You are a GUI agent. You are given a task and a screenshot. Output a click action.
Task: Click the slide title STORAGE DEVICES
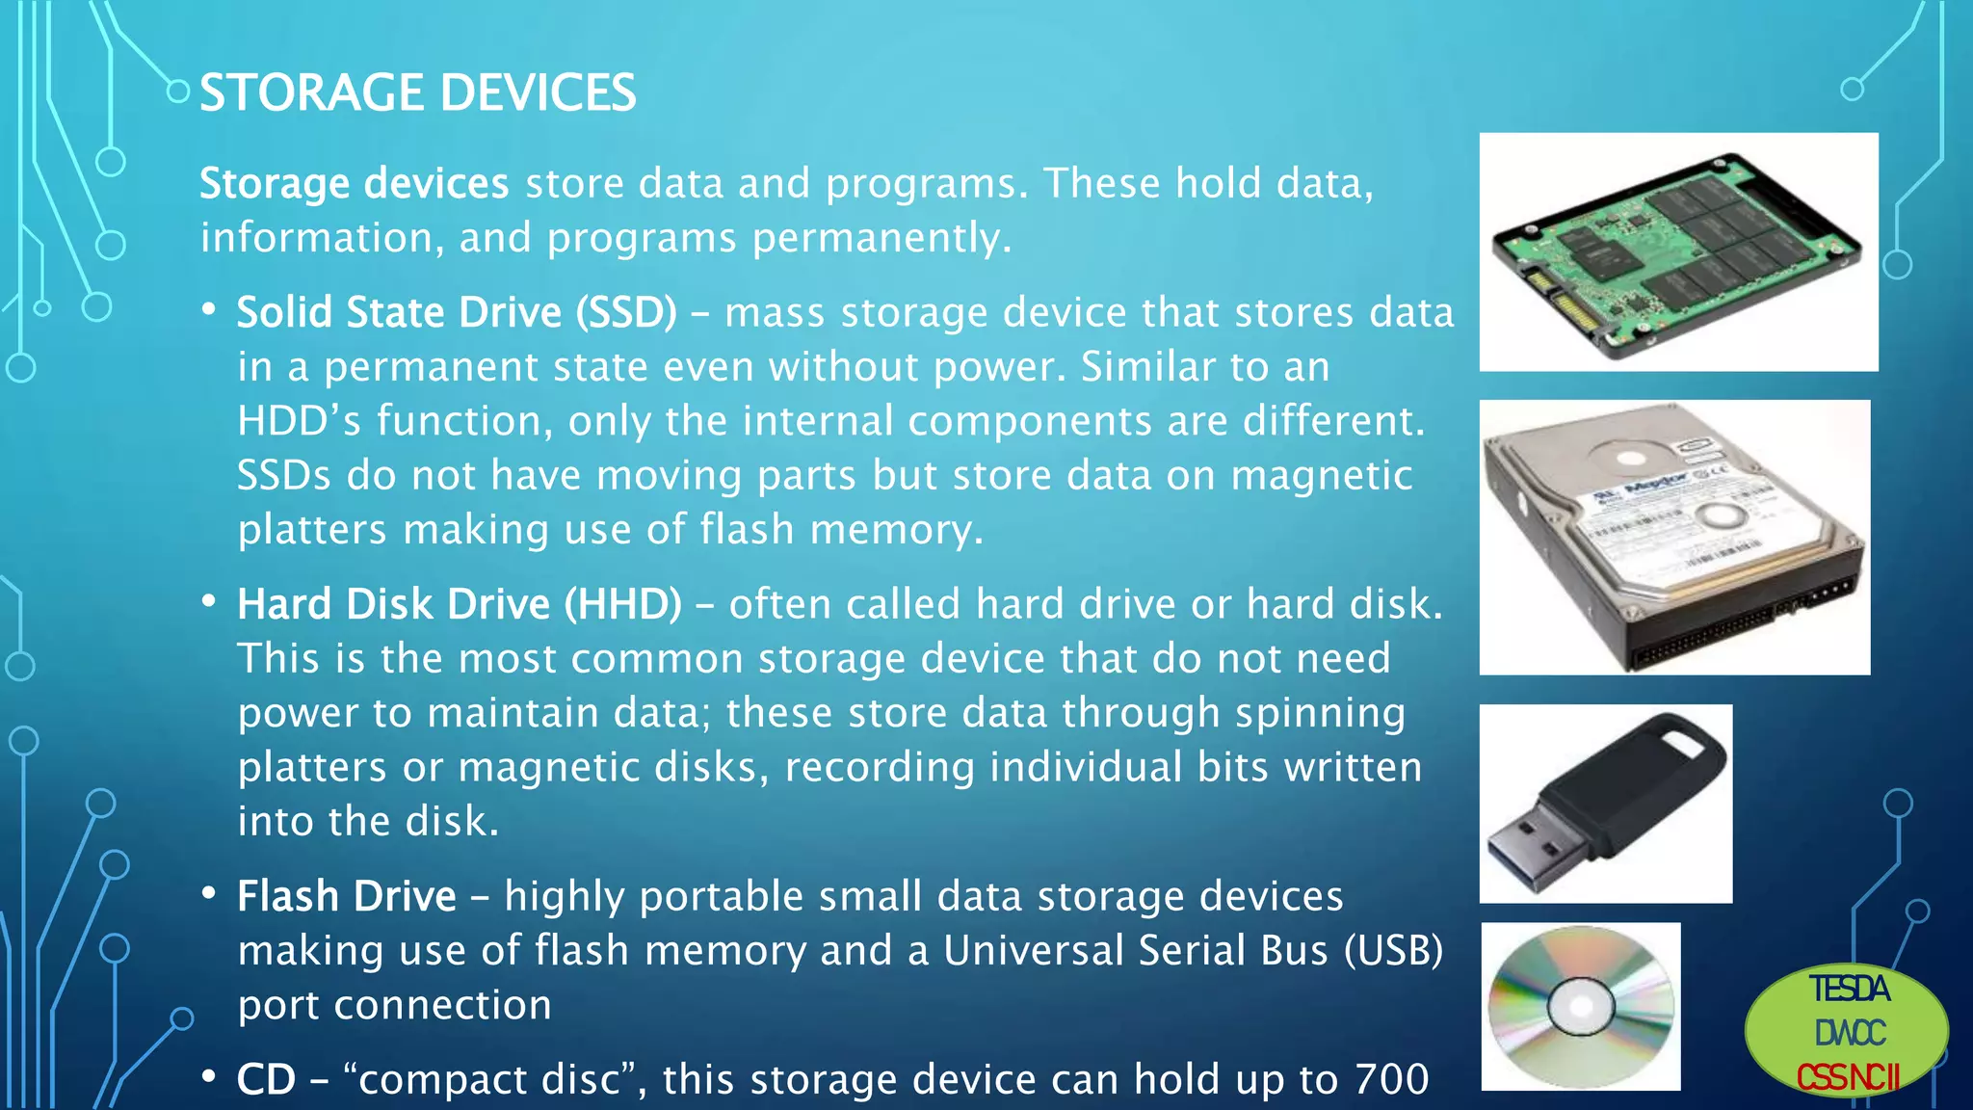click(417, 93)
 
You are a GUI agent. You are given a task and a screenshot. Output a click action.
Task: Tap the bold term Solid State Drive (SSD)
click(456, 312)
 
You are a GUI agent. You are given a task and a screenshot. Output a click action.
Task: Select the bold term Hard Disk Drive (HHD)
click(459, 604)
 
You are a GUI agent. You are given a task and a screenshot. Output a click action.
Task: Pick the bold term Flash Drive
click(346, 896)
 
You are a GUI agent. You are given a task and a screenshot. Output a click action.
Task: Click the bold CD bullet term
click(266, 1079)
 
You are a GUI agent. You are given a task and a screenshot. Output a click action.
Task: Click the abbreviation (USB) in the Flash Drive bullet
click(1393, 951)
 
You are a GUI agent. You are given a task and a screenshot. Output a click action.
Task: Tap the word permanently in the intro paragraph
click(881, 238)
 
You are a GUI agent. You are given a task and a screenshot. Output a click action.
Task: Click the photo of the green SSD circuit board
click(1678, 252)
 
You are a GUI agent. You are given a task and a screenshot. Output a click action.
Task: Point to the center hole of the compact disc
click(1581, 1007)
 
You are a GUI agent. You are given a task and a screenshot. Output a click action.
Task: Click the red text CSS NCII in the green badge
click(1847, 1077)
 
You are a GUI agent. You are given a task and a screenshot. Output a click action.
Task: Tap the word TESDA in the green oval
click(1848, 990)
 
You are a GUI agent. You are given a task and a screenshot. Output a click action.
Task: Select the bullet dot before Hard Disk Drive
click(208, 602)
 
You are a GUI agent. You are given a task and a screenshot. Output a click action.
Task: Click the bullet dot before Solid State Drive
click(208, 310)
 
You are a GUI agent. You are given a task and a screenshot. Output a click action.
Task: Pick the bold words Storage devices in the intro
click(354, 183)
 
